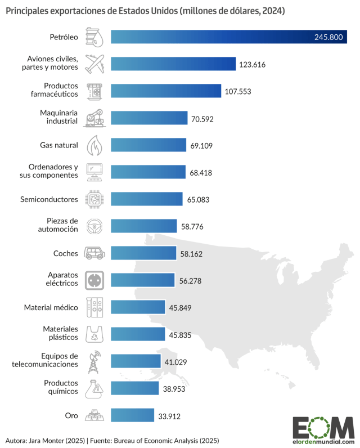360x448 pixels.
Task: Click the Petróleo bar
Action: coord(225,37)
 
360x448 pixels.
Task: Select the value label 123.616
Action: coord(252,65)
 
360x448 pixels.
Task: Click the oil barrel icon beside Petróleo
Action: coord(94,37)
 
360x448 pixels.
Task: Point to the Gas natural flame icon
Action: coord(94,145)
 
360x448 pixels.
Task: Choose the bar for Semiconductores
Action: coord(147,199)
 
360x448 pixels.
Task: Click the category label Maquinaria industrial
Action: coord(55,118)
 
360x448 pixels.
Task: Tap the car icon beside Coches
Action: coord(94,253)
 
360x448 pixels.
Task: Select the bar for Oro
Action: coord(133,416)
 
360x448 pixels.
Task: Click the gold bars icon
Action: coord(94,416)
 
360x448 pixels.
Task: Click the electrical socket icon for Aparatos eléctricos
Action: coord(94,280)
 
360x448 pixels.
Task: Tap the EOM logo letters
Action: coord(323,427)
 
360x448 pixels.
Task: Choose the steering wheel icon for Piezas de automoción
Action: coord(94,226)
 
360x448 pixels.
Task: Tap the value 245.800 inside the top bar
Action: coord(328,38)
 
